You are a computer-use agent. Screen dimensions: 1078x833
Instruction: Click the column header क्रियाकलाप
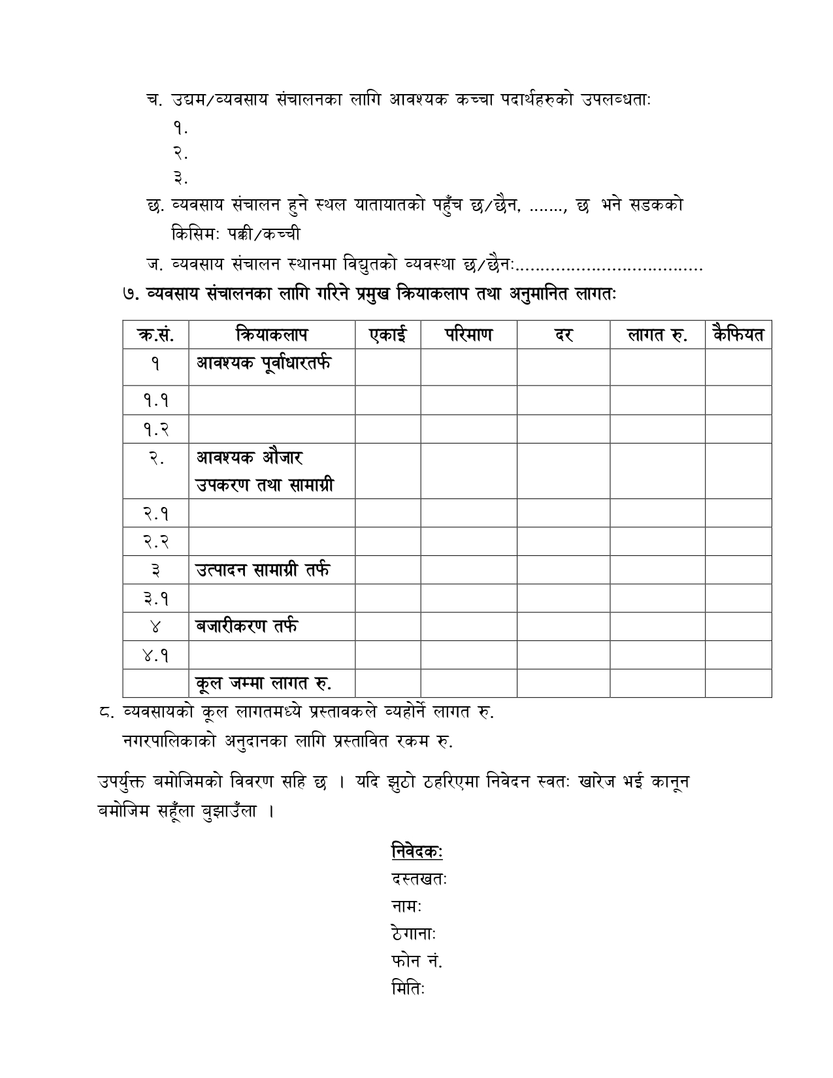point(272,335)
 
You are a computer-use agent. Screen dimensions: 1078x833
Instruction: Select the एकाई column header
point(387,335)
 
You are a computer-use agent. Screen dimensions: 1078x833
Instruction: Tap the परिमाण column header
point(468,335)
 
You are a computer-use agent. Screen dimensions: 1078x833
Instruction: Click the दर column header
point(563,335)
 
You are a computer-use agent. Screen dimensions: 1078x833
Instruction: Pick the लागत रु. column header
point(657,335)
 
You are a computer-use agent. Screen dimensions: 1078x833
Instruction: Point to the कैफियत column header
point(738,335)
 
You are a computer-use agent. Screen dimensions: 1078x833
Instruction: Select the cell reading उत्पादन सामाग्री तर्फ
point(263,570)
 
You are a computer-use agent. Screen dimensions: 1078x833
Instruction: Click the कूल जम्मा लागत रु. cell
point(264,683)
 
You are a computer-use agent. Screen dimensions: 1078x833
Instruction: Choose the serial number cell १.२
point(155,429)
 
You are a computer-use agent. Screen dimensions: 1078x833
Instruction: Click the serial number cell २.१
point(155,514)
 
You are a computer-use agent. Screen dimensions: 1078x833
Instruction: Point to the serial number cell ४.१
point(155,655)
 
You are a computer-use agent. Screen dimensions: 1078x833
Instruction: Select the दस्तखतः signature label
point(419,879)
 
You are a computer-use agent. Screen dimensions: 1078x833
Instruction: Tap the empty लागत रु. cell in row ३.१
point(657,598)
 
